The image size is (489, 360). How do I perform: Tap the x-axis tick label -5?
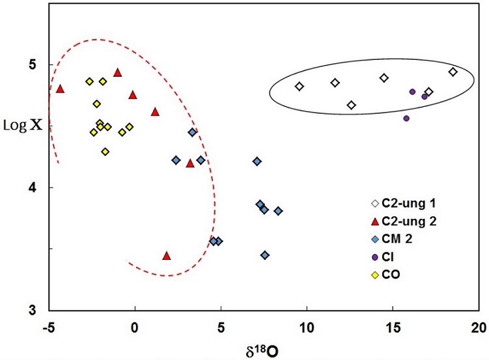tap(47, 326)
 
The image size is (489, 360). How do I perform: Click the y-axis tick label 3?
tap(32, 310)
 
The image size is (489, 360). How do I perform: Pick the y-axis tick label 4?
tap(32, 187)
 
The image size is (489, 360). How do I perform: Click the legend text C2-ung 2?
tap(410, 222)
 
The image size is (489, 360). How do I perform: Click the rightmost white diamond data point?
tap(453, 72)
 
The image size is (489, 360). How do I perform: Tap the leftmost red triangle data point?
tap(60, 89)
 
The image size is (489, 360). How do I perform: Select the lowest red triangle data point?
tap(167, 255)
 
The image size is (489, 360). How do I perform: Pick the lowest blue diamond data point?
tap(265, 255)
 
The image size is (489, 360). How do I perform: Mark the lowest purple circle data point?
tap(406, 118)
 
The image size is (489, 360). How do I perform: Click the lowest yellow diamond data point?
tap(105, 152)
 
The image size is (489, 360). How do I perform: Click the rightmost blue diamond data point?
tap(278, 211)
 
